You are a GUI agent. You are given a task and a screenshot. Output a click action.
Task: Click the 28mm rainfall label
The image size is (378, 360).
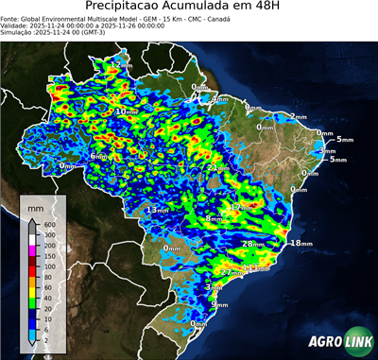(252, 244)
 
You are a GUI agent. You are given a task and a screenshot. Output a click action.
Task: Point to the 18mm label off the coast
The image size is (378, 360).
(300, 244)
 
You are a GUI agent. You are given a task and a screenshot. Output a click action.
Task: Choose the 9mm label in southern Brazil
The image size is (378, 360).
(219, 305)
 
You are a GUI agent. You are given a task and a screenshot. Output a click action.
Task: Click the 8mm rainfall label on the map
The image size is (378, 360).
(214, 218)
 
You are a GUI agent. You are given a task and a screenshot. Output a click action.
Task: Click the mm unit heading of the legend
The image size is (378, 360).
(35, 206)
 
